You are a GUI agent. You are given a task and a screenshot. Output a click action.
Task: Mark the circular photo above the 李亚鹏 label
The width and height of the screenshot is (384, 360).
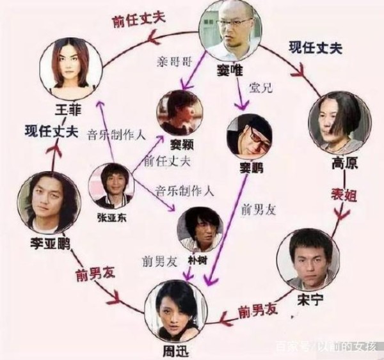click(46, 201)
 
